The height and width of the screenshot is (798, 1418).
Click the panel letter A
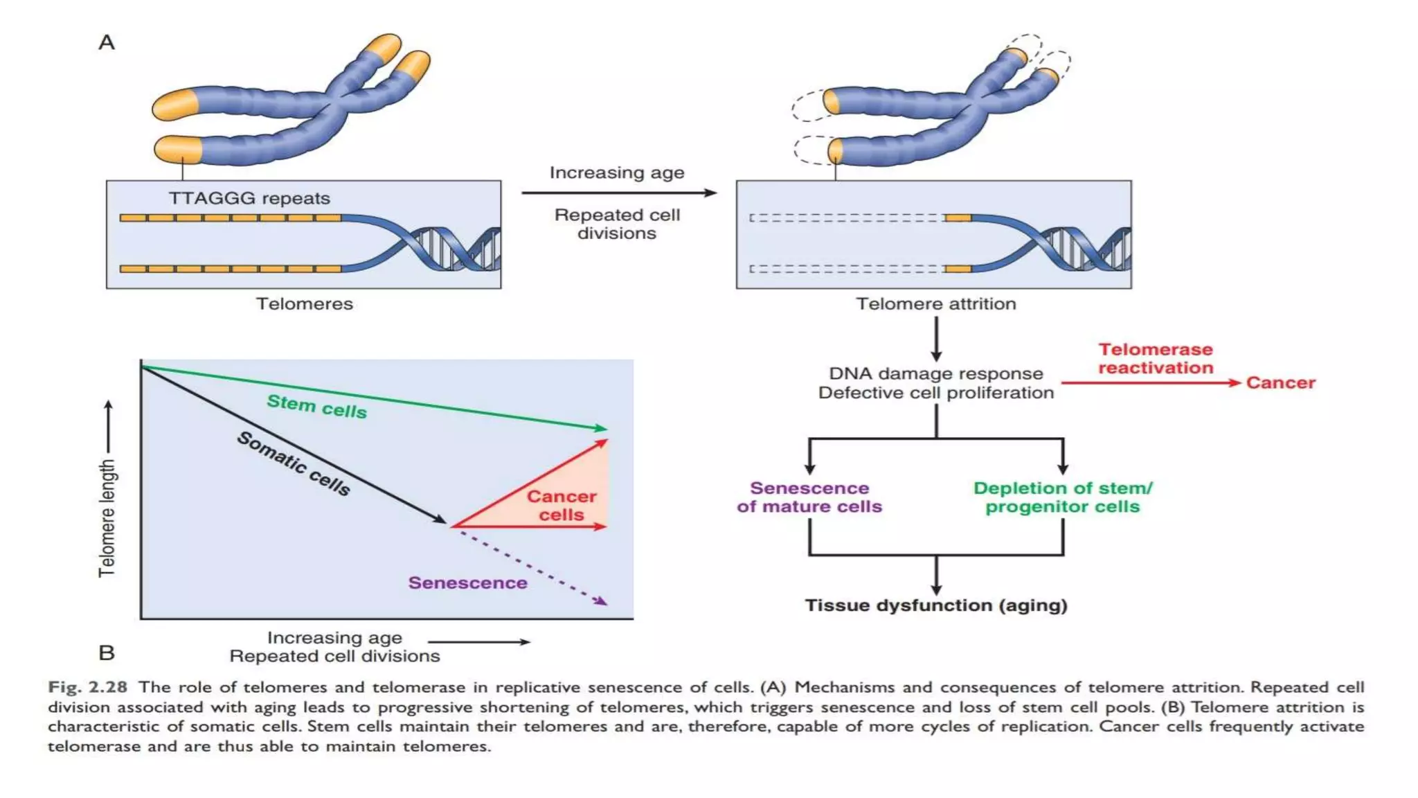[107, 43]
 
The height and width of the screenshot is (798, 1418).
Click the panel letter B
[107, 653]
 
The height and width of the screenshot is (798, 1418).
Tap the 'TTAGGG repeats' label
[249, 198]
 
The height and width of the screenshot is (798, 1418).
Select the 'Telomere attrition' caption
[935, 303]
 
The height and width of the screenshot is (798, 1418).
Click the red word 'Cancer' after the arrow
[1280, 382]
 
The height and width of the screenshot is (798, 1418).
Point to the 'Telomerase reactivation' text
[1156, 358]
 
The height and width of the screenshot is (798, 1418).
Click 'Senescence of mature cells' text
[809, 497]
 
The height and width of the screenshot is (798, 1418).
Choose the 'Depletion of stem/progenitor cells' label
[1063, 497]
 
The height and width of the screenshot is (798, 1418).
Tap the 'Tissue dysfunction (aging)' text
[935, 605]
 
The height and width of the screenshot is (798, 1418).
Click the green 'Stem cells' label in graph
[316, 407]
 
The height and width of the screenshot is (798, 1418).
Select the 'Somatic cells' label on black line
[294, 463]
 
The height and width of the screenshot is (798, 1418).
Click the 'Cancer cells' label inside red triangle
[562, 506]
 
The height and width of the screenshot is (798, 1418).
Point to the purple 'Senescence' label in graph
[467, 583]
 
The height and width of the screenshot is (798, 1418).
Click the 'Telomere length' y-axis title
[107, 518]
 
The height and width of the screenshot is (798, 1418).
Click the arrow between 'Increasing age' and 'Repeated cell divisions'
[618, 193]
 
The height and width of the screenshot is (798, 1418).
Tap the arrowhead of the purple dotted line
[602, 601]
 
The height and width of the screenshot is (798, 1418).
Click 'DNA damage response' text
[935, 373]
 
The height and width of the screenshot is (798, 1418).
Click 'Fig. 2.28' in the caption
[88, 687]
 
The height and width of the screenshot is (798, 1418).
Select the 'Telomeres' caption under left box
[305, 303]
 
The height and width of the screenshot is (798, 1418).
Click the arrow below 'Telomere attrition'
[936, 339]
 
